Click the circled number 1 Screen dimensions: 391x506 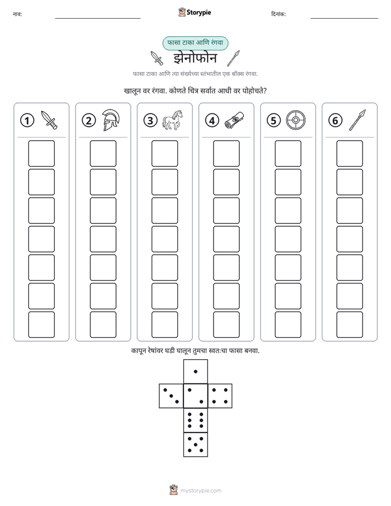[x=27, y=120]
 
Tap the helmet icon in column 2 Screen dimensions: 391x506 [x=111, y=120]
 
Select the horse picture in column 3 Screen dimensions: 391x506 [x=173, y=120]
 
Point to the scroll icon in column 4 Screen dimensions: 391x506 [x=234, y=120]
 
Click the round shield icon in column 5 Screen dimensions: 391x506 [x=296, y=120]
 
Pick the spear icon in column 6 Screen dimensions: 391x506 [x=358, y=120]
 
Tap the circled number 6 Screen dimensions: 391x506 [x=335, y=120]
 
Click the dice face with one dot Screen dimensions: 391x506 [x=196, y=371]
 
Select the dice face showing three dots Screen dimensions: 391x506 [x=171, y=396]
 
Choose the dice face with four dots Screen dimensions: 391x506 [x=220, y=396]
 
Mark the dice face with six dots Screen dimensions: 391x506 [x=196, y=420]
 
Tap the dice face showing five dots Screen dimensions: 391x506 [x=196, y=445]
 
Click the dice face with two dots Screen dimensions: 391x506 [x=196, y=396]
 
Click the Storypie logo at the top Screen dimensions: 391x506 [x=194, y=13]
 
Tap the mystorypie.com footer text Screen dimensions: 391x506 [x=200, y=491]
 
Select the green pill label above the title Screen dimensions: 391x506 [x=195, y=43]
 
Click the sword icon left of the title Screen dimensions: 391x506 [x=157, y=58]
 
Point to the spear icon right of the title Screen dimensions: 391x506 [x=233, y=58]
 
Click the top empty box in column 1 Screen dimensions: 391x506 [x=41, y=153]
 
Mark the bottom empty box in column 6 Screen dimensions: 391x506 [x=349, y=325]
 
